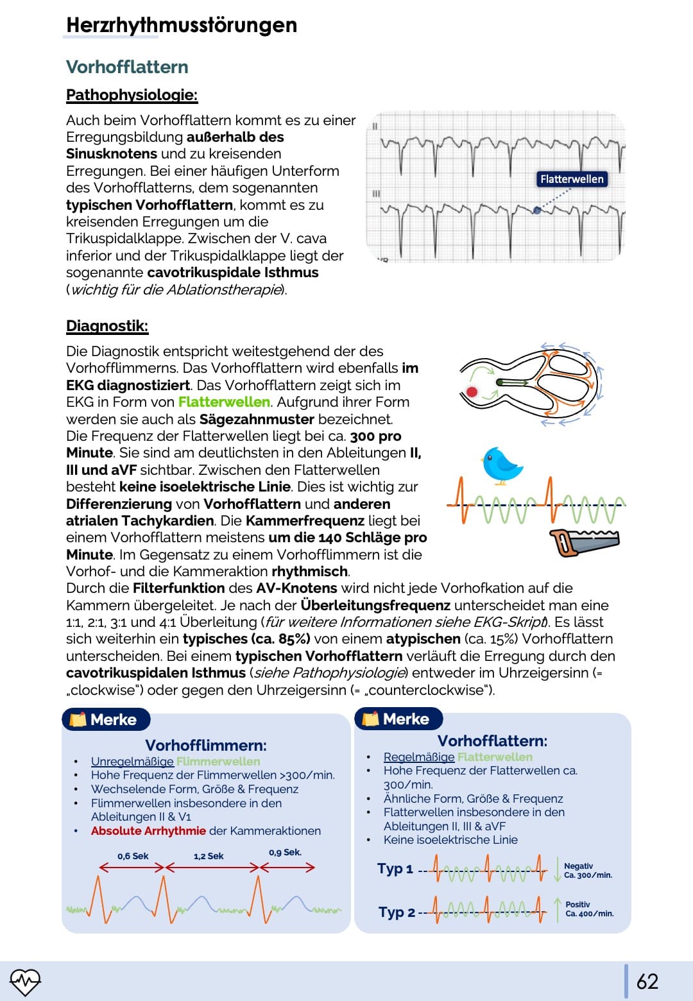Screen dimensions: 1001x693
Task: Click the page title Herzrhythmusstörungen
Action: pos(182,25)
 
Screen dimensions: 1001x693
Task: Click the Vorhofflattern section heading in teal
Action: pos(127,67)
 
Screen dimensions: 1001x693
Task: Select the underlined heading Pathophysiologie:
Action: pos(132,95)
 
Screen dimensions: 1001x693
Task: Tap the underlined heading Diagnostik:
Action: pos(107,326)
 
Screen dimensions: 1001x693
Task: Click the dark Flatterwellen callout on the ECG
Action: pos(571,179)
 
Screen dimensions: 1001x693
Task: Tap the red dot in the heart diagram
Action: pos(472,391)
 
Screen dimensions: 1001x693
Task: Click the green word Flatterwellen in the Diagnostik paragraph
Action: pos(224,402)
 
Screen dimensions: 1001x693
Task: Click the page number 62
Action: pos(647,981)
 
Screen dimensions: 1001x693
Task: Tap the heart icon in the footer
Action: pos(25,981)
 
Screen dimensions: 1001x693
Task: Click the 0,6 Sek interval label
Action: pos(133,856)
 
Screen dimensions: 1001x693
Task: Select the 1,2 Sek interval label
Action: pos(209,856)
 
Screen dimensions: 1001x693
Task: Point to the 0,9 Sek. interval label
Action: pos(285,853)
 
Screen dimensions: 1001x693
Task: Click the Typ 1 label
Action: pos(395,869)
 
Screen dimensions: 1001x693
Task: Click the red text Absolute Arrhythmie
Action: pos(148,831)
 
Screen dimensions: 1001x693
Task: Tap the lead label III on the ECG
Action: pos(376,193)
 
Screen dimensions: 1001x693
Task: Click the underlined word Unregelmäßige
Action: pos(132,762)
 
